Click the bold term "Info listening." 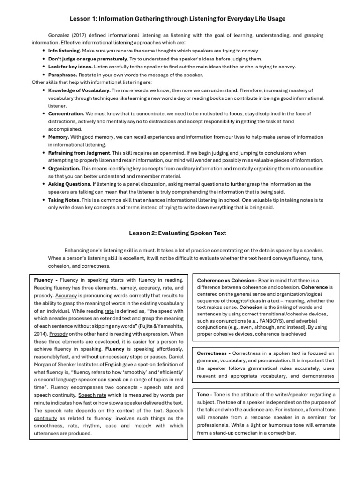(65, 51)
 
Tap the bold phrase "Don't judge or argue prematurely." (88, 59)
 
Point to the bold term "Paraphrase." (62, 75)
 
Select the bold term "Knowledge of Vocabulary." (79, 90)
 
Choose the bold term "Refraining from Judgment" (79, 153)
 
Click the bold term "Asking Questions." (70, 184)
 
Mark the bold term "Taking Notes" (64, 200)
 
